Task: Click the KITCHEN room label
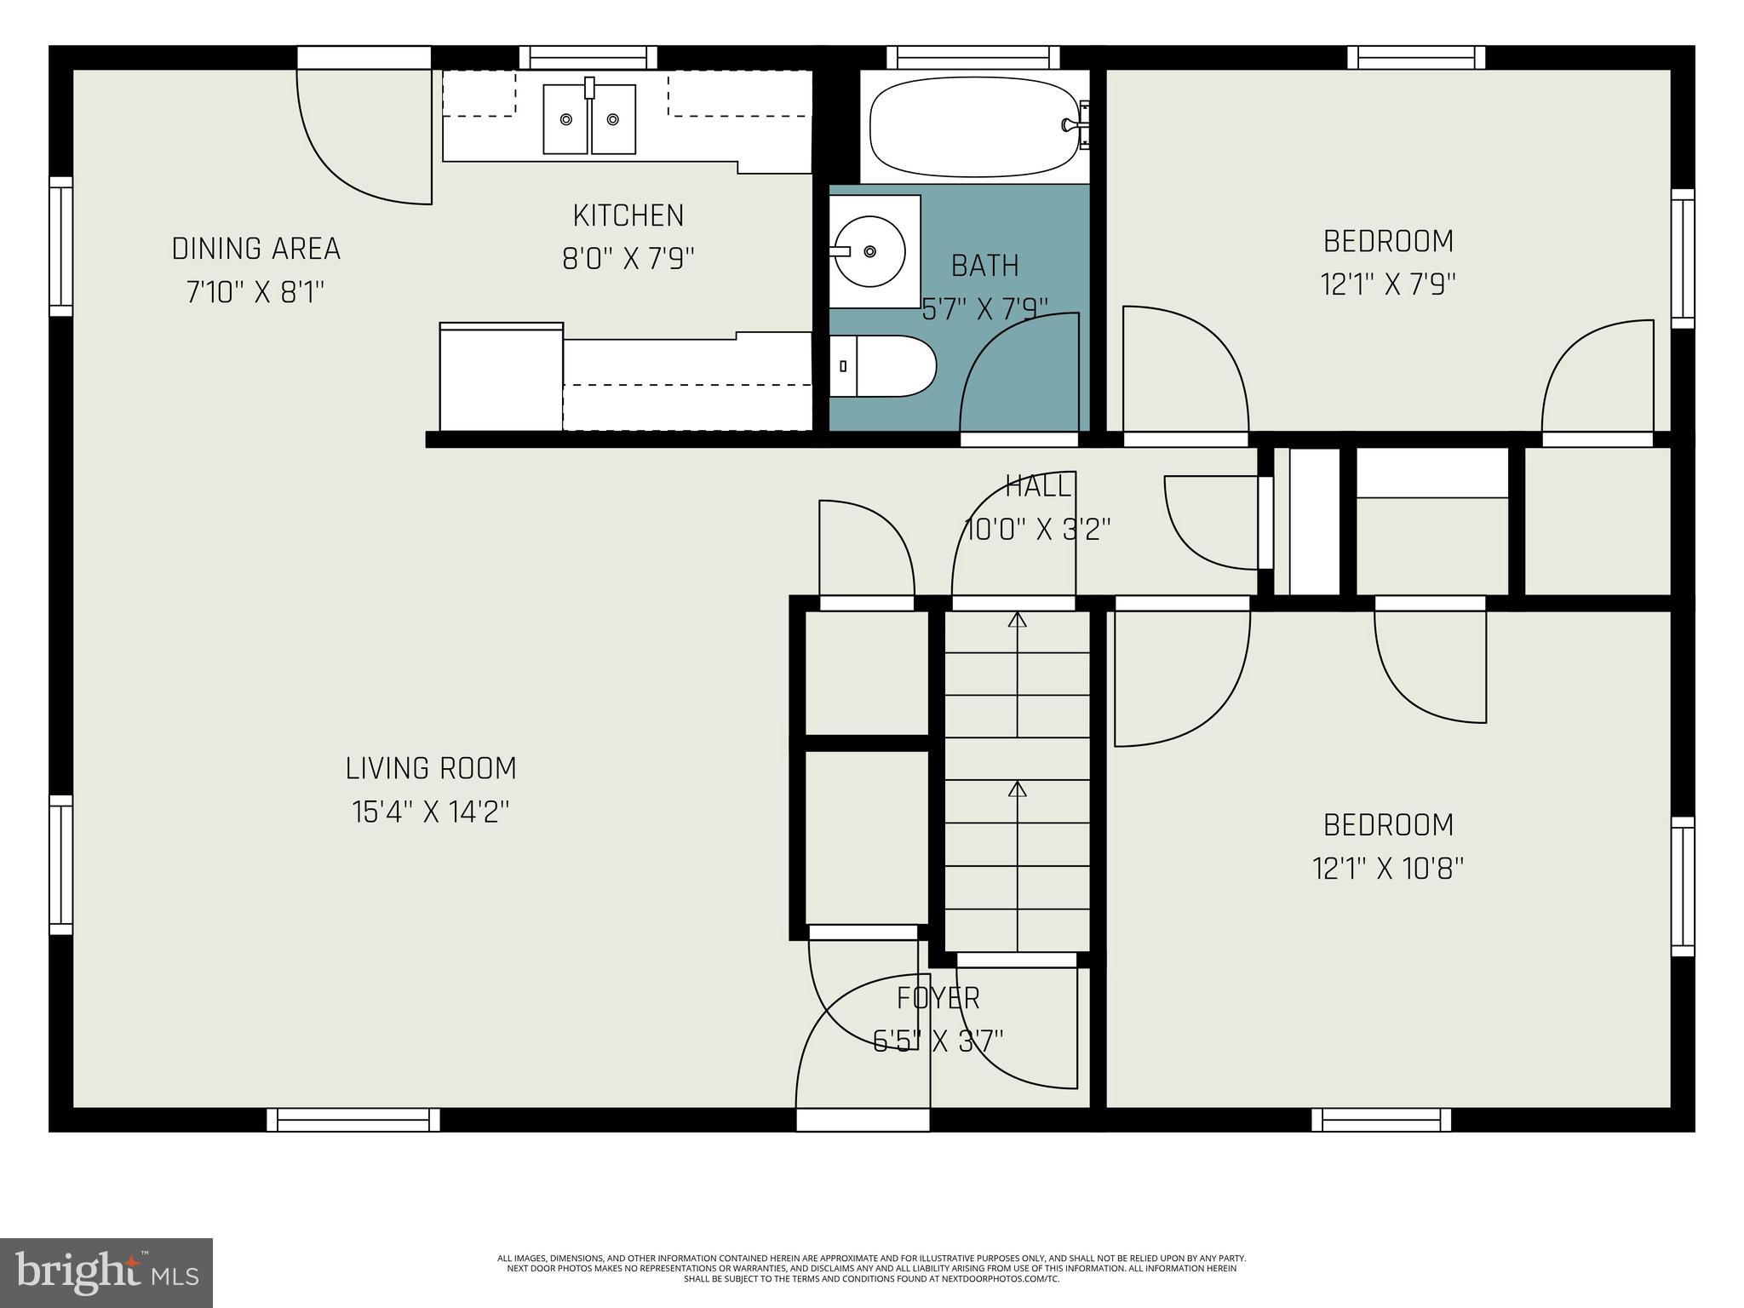coord(628,215)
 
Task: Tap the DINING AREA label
coord(255,249)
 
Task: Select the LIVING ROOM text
coord(431,768)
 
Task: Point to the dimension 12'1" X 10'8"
coord(1388,869)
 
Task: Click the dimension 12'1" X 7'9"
coord(1388,284)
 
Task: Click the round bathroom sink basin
coord(869,251)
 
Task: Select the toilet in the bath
coord(886,366)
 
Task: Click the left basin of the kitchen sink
coord(565,119)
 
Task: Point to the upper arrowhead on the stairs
coord(1017,619)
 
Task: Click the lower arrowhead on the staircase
coord(1017,789)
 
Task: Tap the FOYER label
coord(938,997)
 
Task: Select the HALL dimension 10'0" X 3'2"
coord(1037,530)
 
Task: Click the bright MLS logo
coord(106,1273)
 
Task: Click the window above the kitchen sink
coord(588,57)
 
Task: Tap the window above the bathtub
coord(972,57)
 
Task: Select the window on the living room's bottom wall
coord(353,1120)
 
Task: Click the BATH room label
coord(984,266)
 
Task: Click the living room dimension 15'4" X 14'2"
coord(431,812)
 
